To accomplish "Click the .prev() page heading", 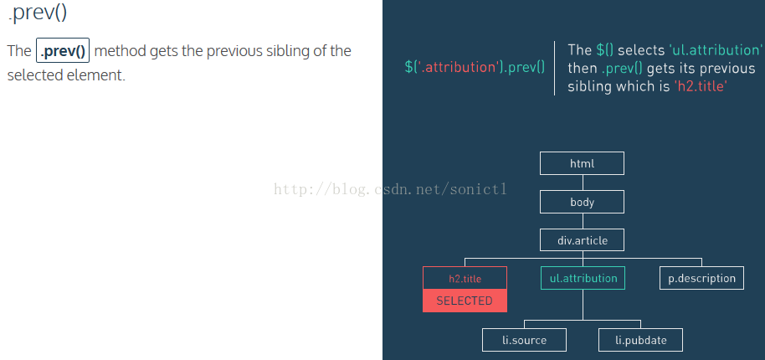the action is click(38, 13).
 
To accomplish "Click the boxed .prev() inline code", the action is click(63, 51).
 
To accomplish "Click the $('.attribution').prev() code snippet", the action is click(475, 67).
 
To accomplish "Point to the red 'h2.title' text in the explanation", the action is click(701, 86).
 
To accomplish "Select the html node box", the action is click(582, 163).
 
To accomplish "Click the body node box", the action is click(582, 202).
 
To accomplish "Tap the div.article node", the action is click(582, 240).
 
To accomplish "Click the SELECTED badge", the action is click(465, 301).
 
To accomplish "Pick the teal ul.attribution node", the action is click(583, 278).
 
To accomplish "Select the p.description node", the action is click(701, 278).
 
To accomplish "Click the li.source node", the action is click(525, 340).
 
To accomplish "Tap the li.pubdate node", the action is click(640, 340).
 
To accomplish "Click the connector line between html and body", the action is click(583, 183).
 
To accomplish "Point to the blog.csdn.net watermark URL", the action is click(390, 188).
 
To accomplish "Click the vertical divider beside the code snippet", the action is click(555, 68).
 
